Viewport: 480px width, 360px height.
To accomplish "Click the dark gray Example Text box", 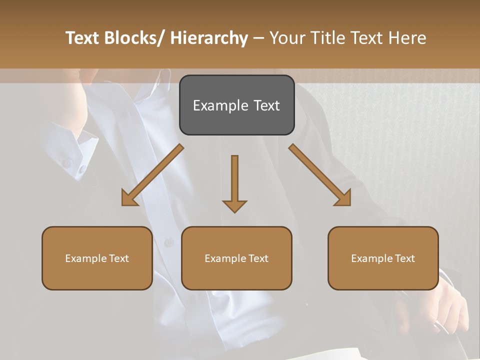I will tap(236, 105).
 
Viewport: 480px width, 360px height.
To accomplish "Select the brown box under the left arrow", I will tap(97, 258).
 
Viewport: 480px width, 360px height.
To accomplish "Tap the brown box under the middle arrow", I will tap(236, 258).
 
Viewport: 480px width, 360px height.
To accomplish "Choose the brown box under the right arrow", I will tap(383, 258).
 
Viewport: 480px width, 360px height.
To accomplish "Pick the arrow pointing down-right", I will tap(320, 175).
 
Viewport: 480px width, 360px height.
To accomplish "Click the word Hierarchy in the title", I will tap(209, 38).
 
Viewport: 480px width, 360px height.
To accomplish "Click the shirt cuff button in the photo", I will tap(67, 163).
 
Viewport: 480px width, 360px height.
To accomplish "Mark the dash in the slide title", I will tap(258, 38).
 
